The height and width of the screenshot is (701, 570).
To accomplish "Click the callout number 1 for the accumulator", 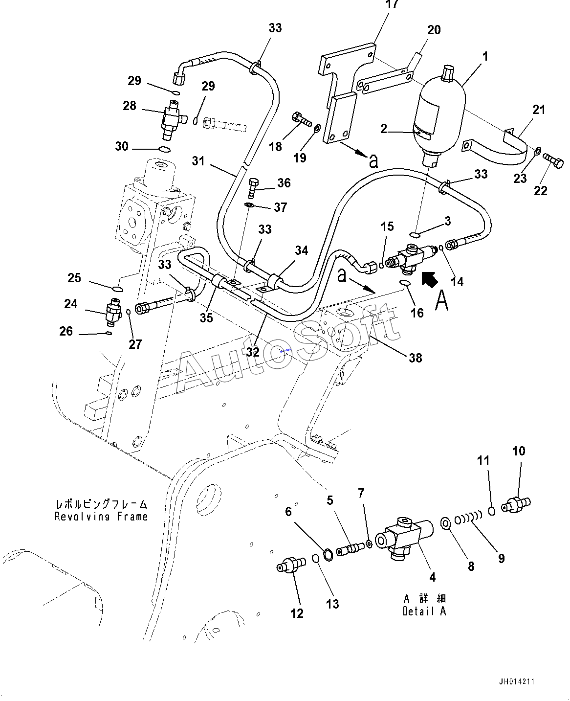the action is coord(485,57).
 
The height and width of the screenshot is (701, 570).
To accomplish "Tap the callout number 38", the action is coord(416,358).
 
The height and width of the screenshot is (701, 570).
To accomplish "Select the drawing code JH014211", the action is coord(517,681).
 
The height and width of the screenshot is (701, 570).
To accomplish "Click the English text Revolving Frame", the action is coord(101,517).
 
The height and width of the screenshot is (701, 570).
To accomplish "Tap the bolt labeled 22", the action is coord(553,161).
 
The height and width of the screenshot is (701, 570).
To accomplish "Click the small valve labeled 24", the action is coord(113,312).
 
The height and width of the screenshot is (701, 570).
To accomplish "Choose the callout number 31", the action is coord(198,161).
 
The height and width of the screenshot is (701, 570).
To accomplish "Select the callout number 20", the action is coord(434,30).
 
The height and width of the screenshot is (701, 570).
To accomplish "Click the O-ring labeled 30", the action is coord(164,150).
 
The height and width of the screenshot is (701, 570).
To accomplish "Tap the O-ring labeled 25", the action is coord(117,289).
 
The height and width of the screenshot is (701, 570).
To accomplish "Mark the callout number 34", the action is coord(301,250).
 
